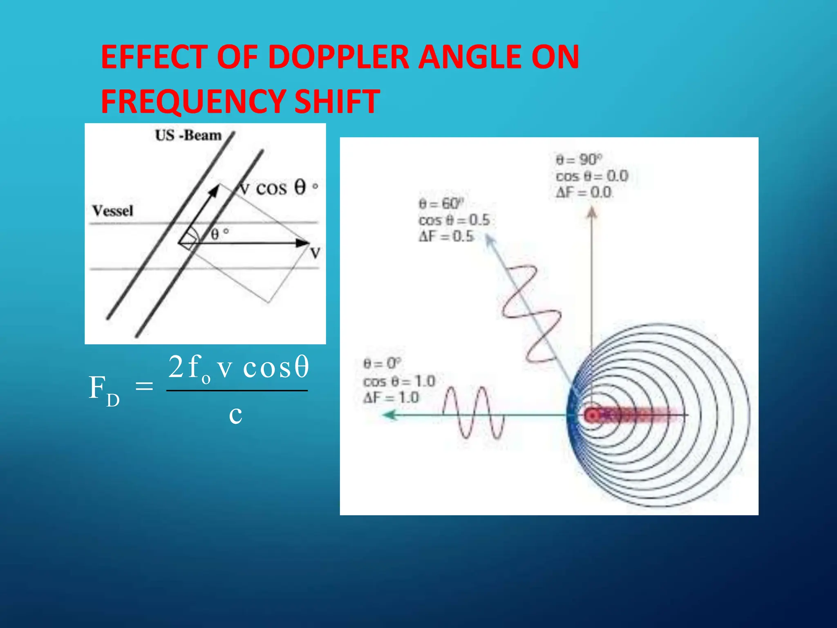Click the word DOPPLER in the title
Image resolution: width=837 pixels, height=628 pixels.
coord(338,57)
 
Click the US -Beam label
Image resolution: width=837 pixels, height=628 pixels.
coord(188,135)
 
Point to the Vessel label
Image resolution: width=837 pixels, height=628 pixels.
coord(113,211)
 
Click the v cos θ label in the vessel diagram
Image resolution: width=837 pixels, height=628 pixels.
coord(278,188)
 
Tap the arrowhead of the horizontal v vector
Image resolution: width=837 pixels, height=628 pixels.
coord(303,243)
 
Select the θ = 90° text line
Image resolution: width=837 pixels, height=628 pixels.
coord(579,159)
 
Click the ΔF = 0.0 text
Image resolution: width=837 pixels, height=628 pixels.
coord(584,192)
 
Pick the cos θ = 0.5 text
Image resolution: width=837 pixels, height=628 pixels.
coord(454,220)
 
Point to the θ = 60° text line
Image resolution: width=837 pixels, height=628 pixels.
coord(441,203)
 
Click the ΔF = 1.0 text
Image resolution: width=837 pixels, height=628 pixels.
coord(391,397)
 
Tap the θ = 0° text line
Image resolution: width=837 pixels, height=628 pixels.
coord(382,363)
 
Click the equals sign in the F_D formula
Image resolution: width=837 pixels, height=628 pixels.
coord(144,386)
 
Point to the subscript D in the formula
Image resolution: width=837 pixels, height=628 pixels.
coord(113,400)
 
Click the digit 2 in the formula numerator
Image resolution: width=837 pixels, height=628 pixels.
coord(176,367)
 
